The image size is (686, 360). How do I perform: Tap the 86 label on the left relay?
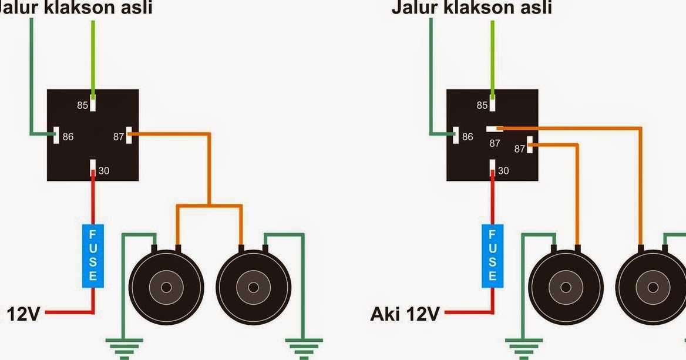68,137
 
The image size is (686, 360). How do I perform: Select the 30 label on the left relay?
103,171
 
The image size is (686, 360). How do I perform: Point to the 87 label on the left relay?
119,137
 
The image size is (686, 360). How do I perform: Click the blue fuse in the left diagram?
93,256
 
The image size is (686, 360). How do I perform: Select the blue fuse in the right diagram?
492,256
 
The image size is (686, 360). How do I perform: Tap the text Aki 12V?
405,314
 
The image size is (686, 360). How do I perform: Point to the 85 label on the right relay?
482,106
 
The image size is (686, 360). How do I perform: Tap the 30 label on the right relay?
503,171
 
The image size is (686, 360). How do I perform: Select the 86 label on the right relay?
468,137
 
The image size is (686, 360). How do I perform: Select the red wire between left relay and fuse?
93,200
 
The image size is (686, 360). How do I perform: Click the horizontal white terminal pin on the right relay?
492,127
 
